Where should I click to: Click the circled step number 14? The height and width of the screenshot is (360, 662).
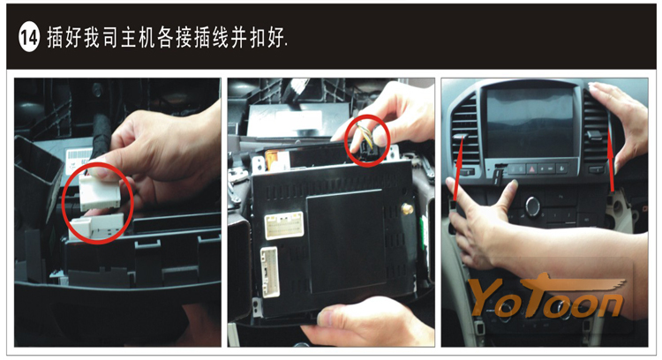tap(28, 38)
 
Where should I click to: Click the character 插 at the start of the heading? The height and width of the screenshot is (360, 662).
tap(55, 37)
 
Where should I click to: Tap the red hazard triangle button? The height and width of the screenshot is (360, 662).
tap(532, 169)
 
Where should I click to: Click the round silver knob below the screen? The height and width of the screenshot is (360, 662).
tap(533, 206)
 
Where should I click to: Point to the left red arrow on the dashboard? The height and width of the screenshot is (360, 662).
tap(459, 167)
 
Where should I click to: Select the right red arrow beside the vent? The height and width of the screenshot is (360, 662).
tap(611, 161)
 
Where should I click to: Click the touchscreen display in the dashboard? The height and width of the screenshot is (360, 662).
tap(530, 122)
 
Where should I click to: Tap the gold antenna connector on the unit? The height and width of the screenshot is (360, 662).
tap(408, 207)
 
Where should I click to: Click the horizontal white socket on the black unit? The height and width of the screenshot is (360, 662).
tap(283, 224)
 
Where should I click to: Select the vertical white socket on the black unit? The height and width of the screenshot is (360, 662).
tap(269, 272)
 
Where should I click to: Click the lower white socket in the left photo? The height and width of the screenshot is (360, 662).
tap(97, 227)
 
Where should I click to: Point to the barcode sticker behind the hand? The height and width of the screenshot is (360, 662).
tap(79, 161)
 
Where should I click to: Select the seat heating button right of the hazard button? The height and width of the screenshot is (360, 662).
tap(562, 169)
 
